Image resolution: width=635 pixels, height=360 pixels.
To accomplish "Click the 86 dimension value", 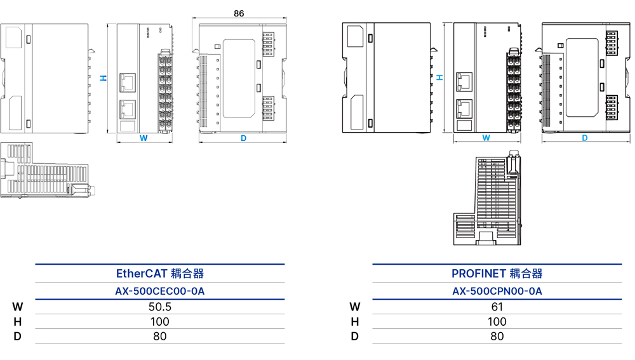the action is click(239, 13).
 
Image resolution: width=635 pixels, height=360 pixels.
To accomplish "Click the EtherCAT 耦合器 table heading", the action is click(160, 274).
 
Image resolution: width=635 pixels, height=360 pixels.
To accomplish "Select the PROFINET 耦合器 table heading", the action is click(497, 274).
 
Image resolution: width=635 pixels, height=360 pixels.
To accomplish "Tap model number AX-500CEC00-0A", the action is click(160, 291).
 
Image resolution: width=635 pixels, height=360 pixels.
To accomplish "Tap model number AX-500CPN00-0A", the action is click(497, 291).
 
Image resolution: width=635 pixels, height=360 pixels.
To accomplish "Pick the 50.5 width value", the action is click(160, 307).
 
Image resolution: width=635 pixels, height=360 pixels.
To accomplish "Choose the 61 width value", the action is click(497, 307).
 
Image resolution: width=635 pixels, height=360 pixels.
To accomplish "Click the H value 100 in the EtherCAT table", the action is click(160, 322).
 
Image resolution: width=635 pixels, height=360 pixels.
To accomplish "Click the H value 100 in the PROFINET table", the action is click(497, 322).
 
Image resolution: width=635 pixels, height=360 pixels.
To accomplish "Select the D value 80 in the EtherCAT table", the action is click(160, 337).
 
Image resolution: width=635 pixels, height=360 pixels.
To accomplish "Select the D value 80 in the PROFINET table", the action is click(497, 337).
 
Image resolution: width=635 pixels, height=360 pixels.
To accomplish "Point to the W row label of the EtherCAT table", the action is click(17, 307).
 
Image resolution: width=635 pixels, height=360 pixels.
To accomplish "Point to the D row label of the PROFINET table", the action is click(355, 337).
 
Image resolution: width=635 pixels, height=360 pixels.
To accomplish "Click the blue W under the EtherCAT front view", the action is click(144, 138).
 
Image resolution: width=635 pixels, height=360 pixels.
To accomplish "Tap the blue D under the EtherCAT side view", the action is click(243, 138).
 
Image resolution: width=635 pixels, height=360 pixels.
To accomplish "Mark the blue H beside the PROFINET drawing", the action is click(440, 77).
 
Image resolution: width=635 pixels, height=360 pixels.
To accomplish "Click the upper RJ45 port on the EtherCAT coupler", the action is click(128, 83).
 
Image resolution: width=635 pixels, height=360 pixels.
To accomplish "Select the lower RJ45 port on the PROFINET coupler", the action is click(464, 109).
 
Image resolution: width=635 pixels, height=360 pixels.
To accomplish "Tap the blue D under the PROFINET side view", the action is click(585, 138).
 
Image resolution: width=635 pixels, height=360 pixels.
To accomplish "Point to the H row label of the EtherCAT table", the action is click(17, 322).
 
